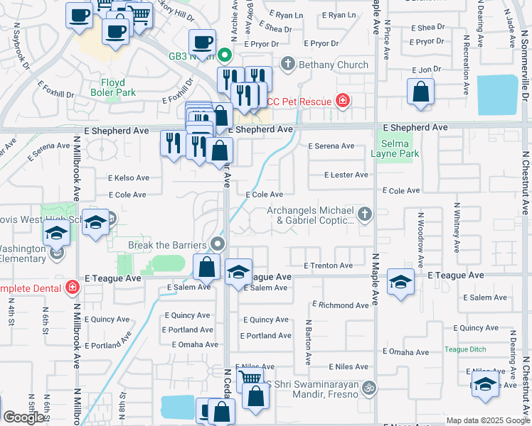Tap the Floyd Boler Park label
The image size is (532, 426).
tap(112, 87)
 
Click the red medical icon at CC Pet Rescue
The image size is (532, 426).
tap(344, 101)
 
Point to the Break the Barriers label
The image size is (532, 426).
tap(168, 245)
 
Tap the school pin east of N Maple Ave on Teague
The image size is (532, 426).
tap(400, 281)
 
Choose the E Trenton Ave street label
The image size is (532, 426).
tap(328, 266)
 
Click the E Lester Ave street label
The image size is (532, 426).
tap(346, 175)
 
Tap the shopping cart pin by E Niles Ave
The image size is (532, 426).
tap(249, 378)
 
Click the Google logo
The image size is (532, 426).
tap(25, 417)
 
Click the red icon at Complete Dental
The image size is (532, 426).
tap(71, 288)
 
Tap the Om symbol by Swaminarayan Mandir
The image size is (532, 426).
tap(368, 388)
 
